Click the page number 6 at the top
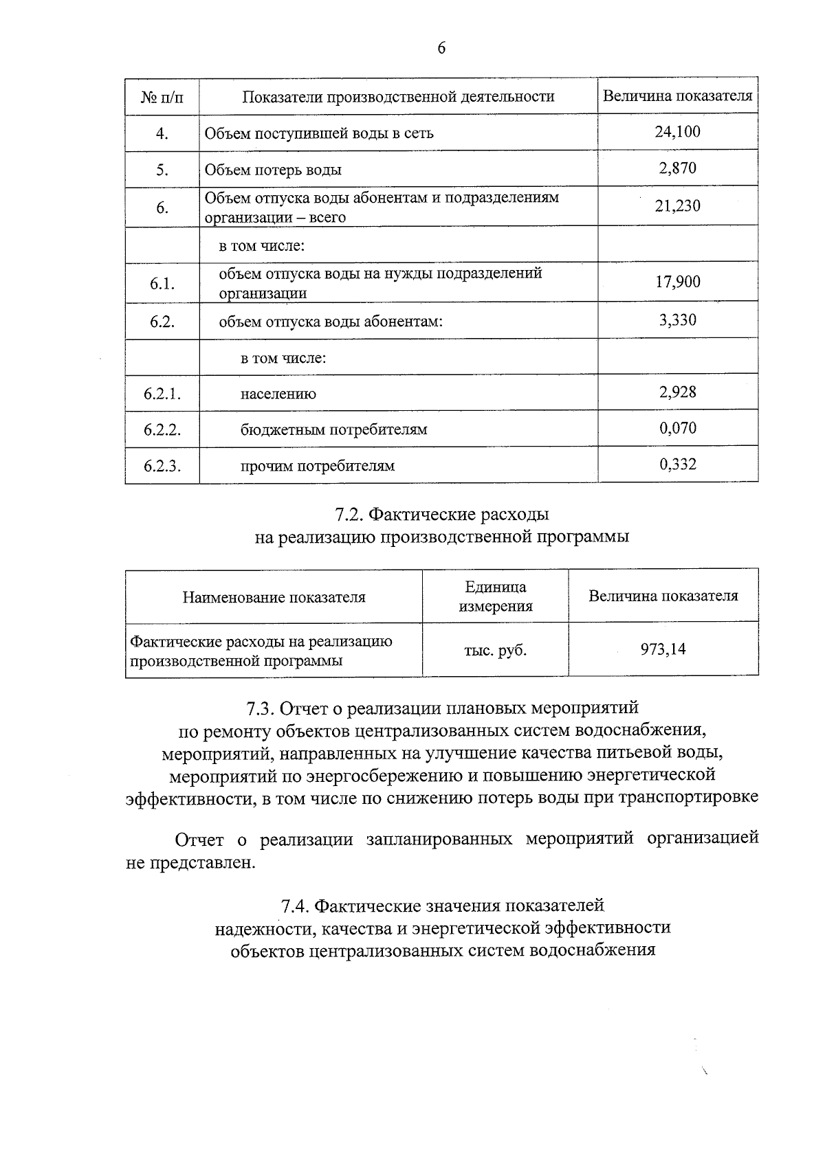pyautogui.click(x=441, y=47)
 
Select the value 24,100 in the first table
pyautogui.click(x=677, y=132)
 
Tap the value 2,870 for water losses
pyautogui.click(x=677, y=168)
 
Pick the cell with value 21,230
pyautogui.click(x=677, y=206)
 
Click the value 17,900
pyautogui.click(x=677, y=282)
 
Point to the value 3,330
pyautogui.click(x=677, y=319)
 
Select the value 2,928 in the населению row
pyautogui.click(x=677, y=392)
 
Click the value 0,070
pyautogui.click(x=677, y=429)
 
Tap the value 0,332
pyautogui.click(x=677, y=464)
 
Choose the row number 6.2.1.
pyautogui.click(x=162, y=394)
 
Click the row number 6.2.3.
pyautogui.click(x=162, y=466)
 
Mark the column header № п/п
pyautogui.click(x=162, y=97)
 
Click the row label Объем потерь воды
pyautogui.click(x=273, y=170)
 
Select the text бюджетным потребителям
pyautogui.click(x=333, y=430)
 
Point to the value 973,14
pyautogui.click(x=663, y=649)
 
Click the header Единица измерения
pyautogui.click(x=495, y=596)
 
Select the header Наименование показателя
pyautogui.click(x=274, y=597)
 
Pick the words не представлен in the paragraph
pyautogui.click(x=190, y=862)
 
